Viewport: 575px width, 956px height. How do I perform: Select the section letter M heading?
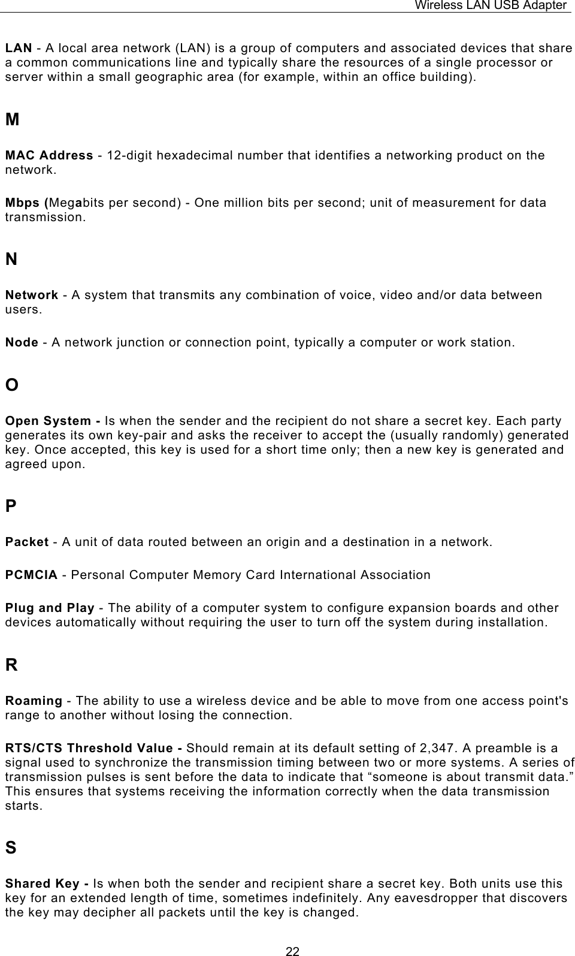(12, 120)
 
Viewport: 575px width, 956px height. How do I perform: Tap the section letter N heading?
(11, 260)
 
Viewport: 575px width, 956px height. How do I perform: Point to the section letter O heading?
(12, 385)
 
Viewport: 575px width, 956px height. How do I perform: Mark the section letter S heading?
(11, 848)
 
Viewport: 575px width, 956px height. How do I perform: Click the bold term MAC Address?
(49, 156)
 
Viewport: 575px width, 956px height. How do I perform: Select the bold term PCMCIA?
(32, 575)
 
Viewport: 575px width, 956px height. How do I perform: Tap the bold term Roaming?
(34, 701)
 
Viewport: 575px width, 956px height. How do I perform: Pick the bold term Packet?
(27, 542)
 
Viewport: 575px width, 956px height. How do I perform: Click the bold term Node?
(22, 343)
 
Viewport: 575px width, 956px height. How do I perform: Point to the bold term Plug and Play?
(50, 608)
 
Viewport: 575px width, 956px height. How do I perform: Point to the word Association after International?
(395, 575)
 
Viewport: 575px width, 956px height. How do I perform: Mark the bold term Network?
(32, 295)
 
